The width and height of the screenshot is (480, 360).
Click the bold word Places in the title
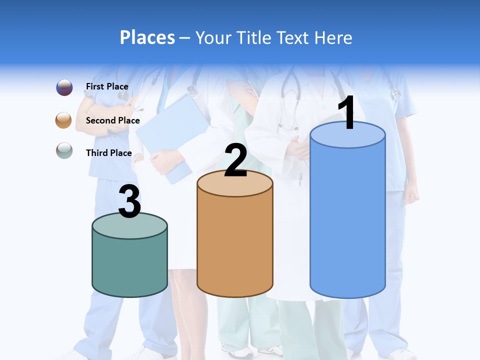pyautogui.click(x=147, y=37)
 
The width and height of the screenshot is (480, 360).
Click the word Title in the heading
pyautogui.click(x=254, y=37)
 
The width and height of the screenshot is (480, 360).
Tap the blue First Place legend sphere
pyautogui.click(x=64, y=87)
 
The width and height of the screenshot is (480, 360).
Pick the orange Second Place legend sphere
pyautogui.click(x=64, y=120)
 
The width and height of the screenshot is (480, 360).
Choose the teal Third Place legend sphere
pyautogui.click(x=64, y=150)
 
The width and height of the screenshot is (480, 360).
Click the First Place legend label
pyautogui.click(x=107, y=86)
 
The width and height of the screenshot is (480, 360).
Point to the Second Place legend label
pyautogui.click(x=112, y=120)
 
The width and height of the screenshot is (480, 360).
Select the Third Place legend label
pyautogui.click(x=108, y=153)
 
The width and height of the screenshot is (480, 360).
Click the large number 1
pyautogui.click(x=347, y=113)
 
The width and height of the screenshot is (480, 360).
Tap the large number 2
pyautogui.click(x=235, y=160)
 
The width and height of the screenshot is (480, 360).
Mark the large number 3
pyautogui.click(x=129, y=202)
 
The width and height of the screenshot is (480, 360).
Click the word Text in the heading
pyautogui.click(x=294, y=37)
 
